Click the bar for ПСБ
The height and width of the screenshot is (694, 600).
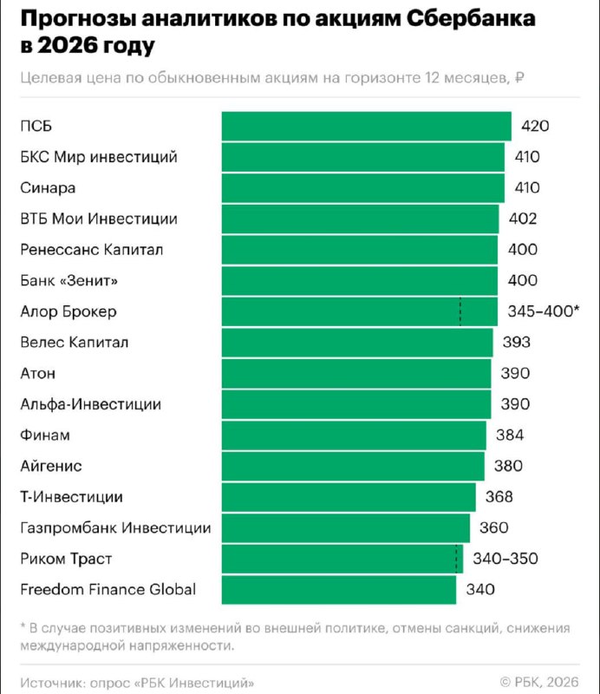pyautogui.click(x=366, y=126)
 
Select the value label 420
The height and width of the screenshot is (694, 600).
pyautogui.click(x=535, y=127)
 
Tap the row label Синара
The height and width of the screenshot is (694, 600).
pyautogui.click(x=48, y=188)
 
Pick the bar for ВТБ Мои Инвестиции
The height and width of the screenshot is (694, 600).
pyautogui.click(x=360, y=219)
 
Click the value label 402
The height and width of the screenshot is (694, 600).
pyautogui.click(x=524, y=219)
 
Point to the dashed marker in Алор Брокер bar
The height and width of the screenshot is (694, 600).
pyautogui.click(x=460, y=311)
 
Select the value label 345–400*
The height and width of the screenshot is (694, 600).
pyautogui.click(x=542, y=311)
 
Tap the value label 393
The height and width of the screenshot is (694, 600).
pyautogui.click(x=517, y=343)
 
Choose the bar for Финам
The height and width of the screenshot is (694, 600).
pyautogui.click(x=354, y=435)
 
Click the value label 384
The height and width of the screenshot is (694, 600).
pyautogui.click(x=510, y=435)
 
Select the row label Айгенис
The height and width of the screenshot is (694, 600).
pyautogui.click(x=51, y=467)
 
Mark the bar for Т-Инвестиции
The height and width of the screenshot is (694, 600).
pyautogui.click(x=349, y=497)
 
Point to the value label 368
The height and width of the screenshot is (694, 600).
pyautogui.click(x=499, y=497)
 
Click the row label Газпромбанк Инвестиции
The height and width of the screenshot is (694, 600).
pyautogui.click(x=115, y=528)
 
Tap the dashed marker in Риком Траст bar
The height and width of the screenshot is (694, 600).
pyautogui.click(x=455, y=559)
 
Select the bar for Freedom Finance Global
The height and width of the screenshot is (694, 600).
pyautogui.click(x=339, y=590)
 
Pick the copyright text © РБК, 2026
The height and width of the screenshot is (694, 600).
pyautogui.click(x=538, y=680)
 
